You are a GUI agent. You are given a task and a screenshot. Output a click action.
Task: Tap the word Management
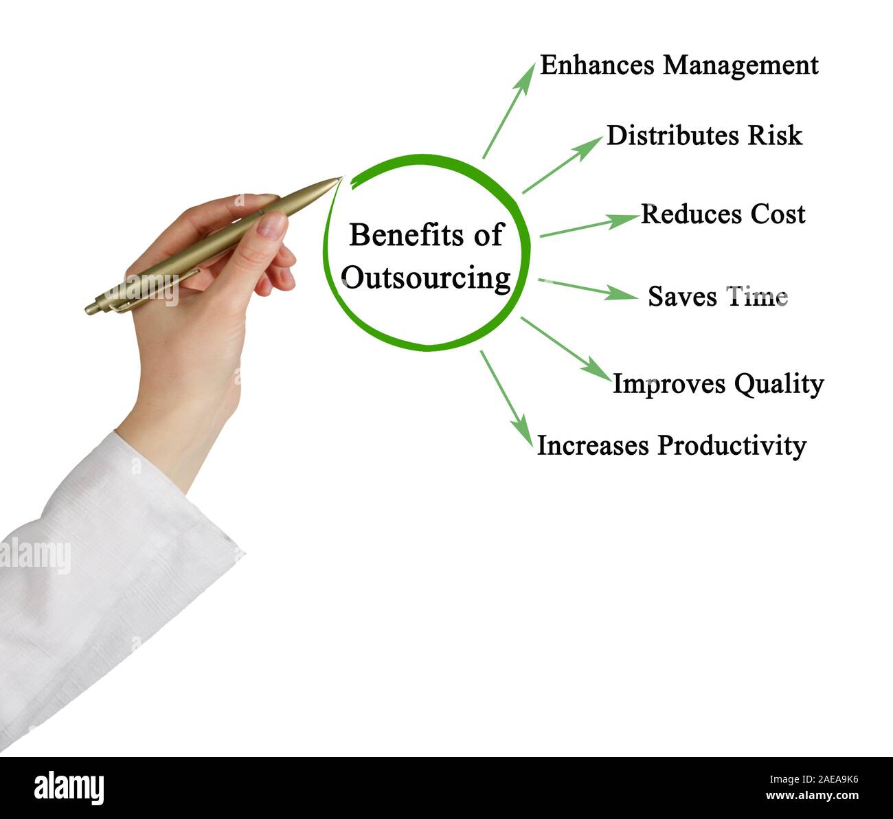tap(741, 66)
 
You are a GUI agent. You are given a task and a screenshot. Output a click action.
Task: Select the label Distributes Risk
tap(704, 135)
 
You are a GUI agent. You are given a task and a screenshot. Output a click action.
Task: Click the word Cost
tap(777, 214)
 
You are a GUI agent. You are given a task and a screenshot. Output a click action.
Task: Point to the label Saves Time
tap(717, 297)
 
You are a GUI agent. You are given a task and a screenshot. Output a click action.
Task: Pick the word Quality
tap(778, 384)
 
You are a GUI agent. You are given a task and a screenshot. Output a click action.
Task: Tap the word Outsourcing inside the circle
tap(426, 278)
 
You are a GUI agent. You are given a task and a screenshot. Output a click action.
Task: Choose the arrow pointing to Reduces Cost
tap(589, 226)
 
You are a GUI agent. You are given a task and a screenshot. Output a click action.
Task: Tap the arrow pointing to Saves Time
tap(587, 289)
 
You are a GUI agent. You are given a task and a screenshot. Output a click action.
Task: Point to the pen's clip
tap(148, 290)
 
